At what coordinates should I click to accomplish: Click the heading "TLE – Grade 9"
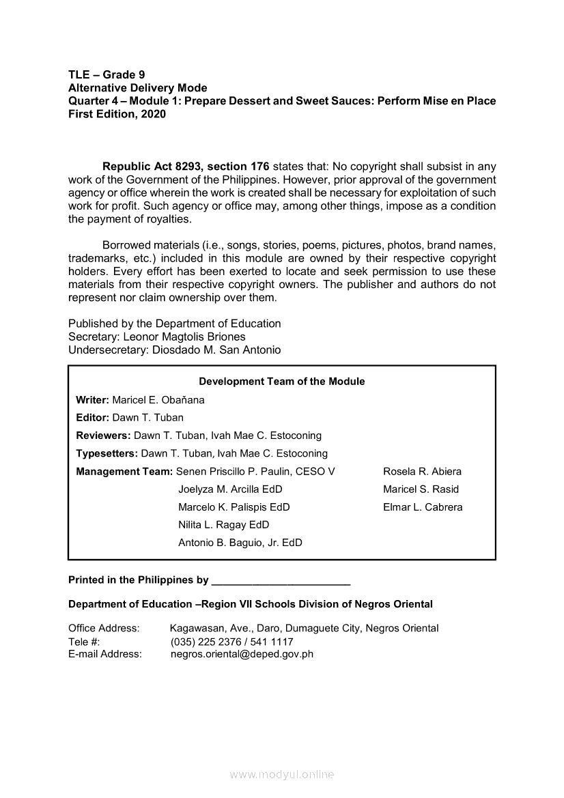[107, 74]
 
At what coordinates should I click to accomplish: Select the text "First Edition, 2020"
[117, 115]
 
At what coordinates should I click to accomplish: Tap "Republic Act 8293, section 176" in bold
[186, 167]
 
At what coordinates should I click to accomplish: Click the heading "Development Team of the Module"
[281, 382]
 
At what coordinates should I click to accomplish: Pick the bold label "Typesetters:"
[107, 453]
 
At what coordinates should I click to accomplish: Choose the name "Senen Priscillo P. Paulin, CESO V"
[255, 472]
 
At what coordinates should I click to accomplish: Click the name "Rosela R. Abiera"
[422, 472]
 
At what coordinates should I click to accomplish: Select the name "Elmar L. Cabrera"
[423, 507]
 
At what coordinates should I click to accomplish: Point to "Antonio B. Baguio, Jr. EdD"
[240, 543]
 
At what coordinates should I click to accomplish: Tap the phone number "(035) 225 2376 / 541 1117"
[231, 642]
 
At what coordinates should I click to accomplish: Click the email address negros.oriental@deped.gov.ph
[242, 654]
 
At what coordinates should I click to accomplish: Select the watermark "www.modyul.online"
[282, 775]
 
